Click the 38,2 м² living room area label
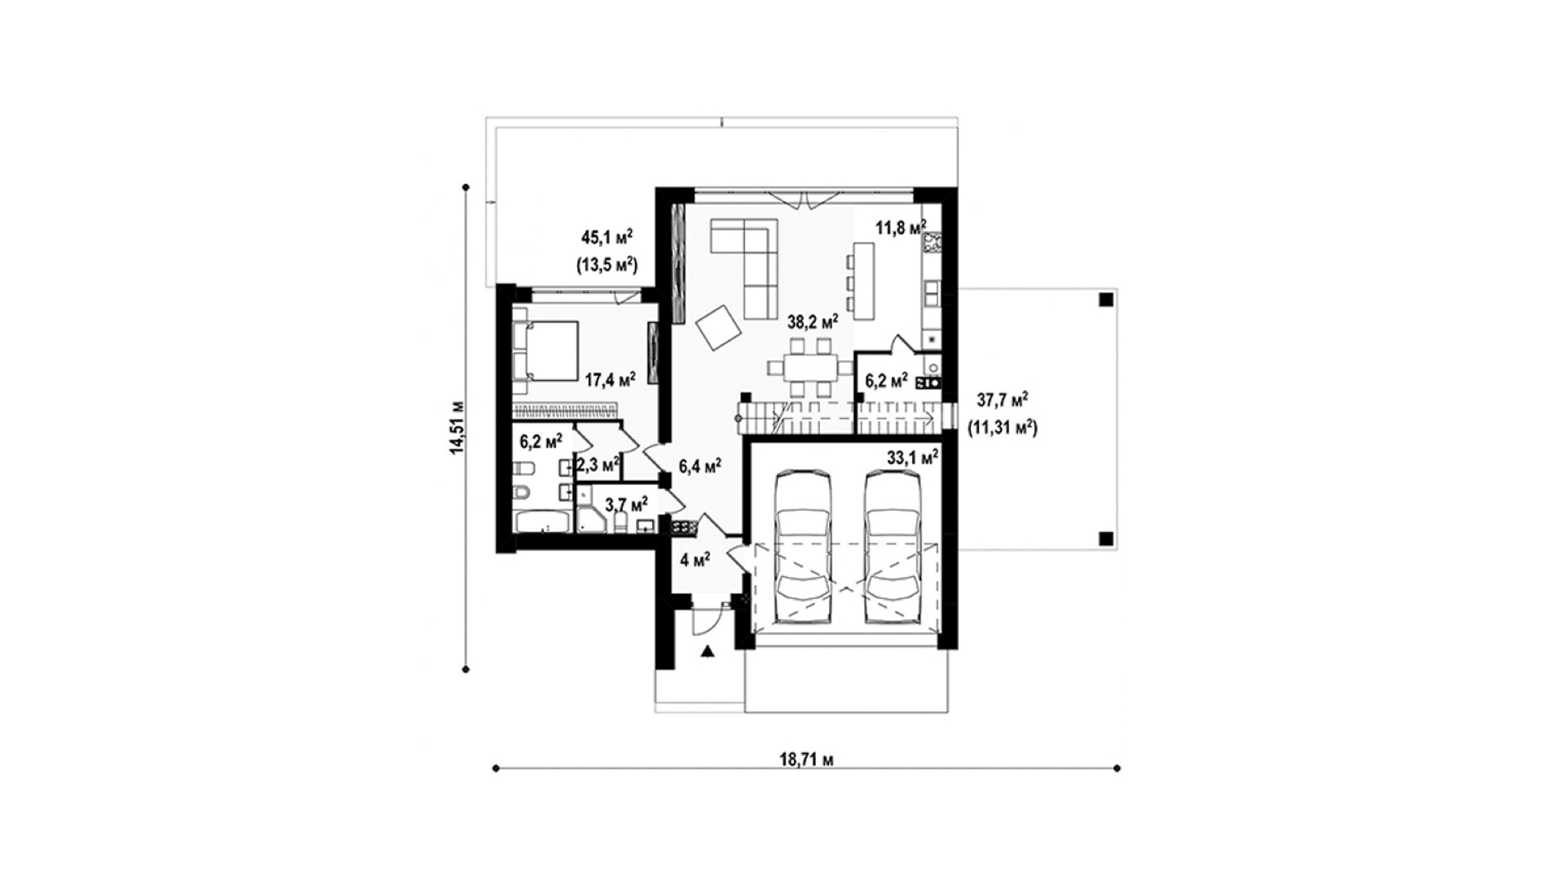(813, 322)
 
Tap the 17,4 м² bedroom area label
(611, 378)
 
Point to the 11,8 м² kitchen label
(901, 227)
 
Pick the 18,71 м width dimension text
(806, 760)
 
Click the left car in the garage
(804, 547)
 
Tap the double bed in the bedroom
(545, 351)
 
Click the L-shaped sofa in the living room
(744, 267)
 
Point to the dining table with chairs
(803, 368)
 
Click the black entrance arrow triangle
(708, 651)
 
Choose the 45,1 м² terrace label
(607, 237)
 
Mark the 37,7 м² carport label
(1002, 399)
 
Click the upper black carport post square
(1104, 299)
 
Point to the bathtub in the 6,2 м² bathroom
(544, 521)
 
